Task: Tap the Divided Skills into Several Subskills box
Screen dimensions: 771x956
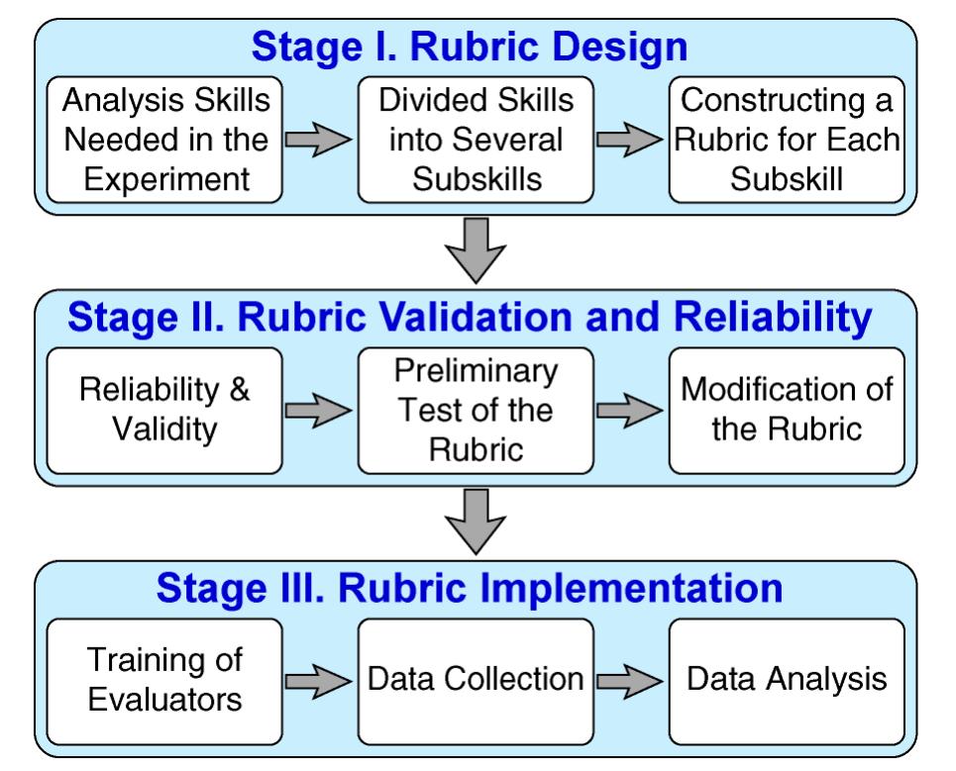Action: (x=476, y=140)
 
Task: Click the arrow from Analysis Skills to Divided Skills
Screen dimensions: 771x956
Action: (x=319, y=142)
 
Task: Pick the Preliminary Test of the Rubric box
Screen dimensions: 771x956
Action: (x=476, y=410)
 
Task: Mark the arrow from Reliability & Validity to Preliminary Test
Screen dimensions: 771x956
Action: (x=319, y=412)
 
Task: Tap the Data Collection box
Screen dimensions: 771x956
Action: (x=476, y=681)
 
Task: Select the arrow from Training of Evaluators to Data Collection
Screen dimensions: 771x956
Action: (x=319, y=682)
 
